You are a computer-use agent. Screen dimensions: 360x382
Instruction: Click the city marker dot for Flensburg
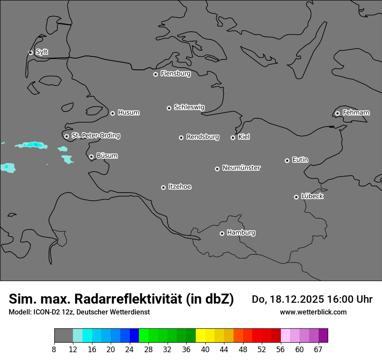click(x=155, y=74)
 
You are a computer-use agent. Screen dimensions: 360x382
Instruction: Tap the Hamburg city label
click(x=241, y=232)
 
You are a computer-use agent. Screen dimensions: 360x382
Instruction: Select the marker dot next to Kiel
click(x=233, y=137)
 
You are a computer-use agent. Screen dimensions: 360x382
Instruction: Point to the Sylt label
click(x=42, y=52)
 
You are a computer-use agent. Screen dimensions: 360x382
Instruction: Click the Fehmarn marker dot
click(x=337, y=113)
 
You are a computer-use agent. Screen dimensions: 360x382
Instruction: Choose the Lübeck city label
click(x=312, y=196)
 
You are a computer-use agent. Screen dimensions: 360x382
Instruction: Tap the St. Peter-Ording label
click(x=95, y=135)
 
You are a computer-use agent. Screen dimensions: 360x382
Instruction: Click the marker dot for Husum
click(x=112, y=113)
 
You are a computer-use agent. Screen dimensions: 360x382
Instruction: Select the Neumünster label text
click(x=241, y=167)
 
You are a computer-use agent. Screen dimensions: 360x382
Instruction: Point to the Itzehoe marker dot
click(x=163, y=187)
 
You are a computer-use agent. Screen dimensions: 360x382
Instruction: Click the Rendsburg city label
click(x=203, y=137)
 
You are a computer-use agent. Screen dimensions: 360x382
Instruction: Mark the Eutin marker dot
click(x=287, y=160)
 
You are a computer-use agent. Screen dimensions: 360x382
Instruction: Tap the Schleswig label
click(x=189, y=107)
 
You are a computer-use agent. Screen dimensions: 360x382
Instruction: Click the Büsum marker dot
click(x=91, y=157)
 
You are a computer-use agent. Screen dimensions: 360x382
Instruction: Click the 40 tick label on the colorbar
click(x=205, y=350)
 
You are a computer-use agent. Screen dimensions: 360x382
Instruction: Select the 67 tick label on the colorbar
click(x=318, y=350)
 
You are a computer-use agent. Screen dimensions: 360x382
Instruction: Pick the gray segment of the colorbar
click(x=63, y=336)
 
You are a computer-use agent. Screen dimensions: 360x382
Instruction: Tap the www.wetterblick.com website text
click(x=313, y=312)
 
